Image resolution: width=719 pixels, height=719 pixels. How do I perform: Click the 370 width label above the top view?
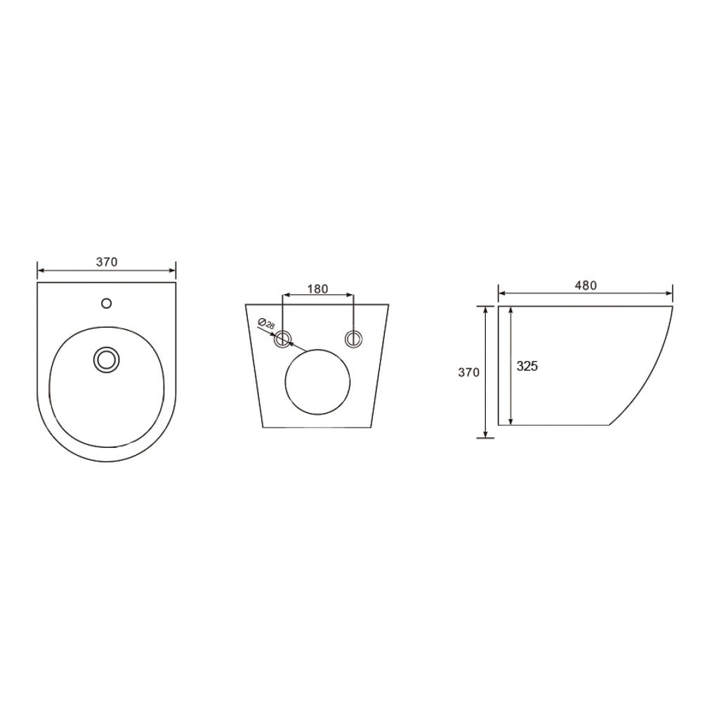[107, 262]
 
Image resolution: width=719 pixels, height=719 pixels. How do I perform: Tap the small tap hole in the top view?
[106, 303]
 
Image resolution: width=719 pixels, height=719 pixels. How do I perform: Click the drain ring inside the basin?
[107, 359]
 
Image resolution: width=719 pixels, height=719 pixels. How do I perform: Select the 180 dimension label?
[318, 289]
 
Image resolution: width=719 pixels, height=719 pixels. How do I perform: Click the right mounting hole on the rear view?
[354, 339]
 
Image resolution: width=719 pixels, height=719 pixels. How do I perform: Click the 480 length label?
[586, 285]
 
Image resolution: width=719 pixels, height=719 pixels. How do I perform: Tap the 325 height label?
[527, 366]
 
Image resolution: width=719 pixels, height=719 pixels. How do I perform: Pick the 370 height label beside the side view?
[468, 372]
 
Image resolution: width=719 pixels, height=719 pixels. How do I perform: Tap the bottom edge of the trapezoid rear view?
[317, 427]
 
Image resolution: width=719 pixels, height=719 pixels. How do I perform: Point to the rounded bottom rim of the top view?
[107, 461]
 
